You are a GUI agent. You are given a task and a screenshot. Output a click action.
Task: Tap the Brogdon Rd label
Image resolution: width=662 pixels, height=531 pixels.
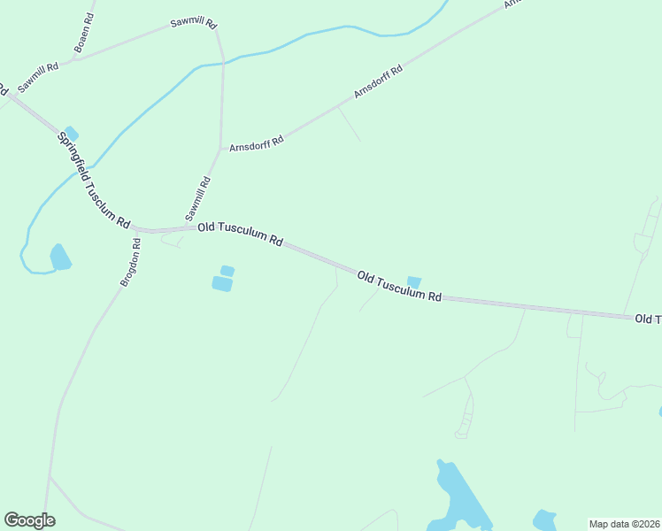point(131,261)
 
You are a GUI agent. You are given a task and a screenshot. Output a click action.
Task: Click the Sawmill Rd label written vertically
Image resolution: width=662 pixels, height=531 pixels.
point(197,199)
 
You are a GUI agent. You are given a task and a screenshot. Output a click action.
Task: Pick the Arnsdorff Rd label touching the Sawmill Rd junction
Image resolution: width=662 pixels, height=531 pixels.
point(256,142)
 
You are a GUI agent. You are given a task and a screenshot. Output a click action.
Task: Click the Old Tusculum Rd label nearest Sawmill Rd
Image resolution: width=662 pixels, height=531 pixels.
point(240,234)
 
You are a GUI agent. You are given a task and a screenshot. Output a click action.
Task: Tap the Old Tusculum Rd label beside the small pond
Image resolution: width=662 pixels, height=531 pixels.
point(399,288)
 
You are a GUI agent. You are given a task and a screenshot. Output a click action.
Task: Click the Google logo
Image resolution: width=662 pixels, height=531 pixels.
point(29,520)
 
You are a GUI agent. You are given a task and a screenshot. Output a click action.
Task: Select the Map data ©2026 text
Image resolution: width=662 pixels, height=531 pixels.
point(624,523)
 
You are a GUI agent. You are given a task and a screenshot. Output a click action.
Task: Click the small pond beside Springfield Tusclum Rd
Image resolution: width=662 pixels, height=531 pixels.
point(71,134)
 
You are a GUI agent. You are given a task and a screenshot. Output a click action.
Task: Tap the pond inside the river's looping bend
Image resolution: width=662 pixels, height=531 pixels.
point(59,257)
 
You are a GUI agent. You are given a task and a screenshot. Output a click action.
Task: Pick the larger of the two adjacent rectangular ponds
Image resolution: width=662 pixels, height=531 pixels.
point(221,283)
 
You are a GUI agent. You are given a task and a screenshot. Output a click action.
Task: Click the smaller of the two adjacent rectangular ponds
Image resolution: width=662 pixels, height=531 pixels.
point(227,270)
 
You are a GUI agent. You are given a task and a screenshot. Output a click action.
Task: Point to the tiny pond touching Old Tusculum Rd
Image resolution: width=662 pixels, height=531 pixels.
point(413,281)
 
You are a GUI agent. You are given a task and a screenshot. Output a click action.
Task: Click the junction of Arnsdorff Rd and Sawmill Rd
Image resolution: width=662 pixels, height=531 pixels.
point(219,147)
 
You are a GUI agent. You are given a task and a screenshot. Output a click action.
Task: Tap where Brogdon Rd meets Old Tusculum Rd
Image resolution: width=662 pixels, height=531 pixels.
point(144,231)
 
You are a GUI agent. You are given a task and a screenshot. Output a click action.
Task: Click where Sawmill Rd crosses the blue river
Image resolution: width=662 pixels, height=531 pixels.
point(222,63)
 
